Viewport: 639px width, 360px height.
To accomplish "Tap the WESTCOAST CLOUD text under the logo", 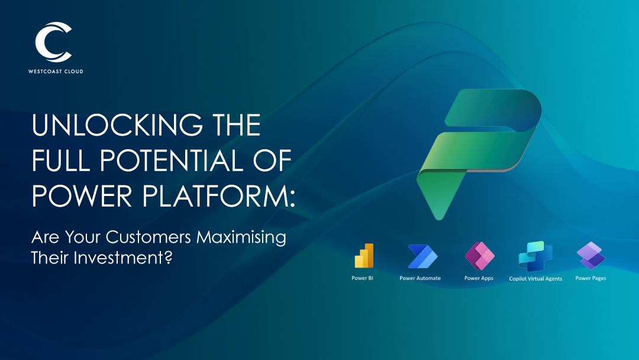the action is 56,71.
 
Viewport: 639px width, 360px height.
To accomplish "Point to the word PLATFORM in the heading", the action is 215,196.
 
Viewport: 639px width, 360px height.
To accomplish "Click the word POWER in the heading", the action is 82,196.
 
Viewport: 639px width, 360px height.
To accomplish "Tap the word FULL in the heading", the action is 61,160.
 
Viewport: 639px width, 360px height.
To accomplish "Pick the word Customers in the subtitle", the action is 149,237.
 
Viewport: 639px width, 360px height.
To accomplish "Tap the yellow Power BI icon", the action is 364,256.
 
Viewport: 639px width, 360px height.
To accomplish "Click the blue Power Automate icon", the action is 422,256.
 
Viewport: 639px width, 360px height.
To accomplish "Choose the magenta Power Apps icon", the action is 480,256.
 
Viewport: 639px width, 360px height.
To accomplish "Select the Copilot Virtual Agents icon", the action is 535,256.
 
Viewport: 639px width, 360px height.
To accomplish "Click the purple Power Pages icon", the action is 591,256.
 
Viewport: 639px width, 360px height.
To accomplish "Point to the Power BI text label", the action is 362,278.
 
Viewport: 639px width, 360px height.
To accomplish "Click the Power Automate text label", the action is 420,278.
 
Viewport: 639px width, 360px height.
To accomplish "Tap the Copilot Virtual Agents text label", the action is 535,278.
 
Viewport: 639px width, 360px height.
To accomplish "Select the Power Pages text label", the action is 590,278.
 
